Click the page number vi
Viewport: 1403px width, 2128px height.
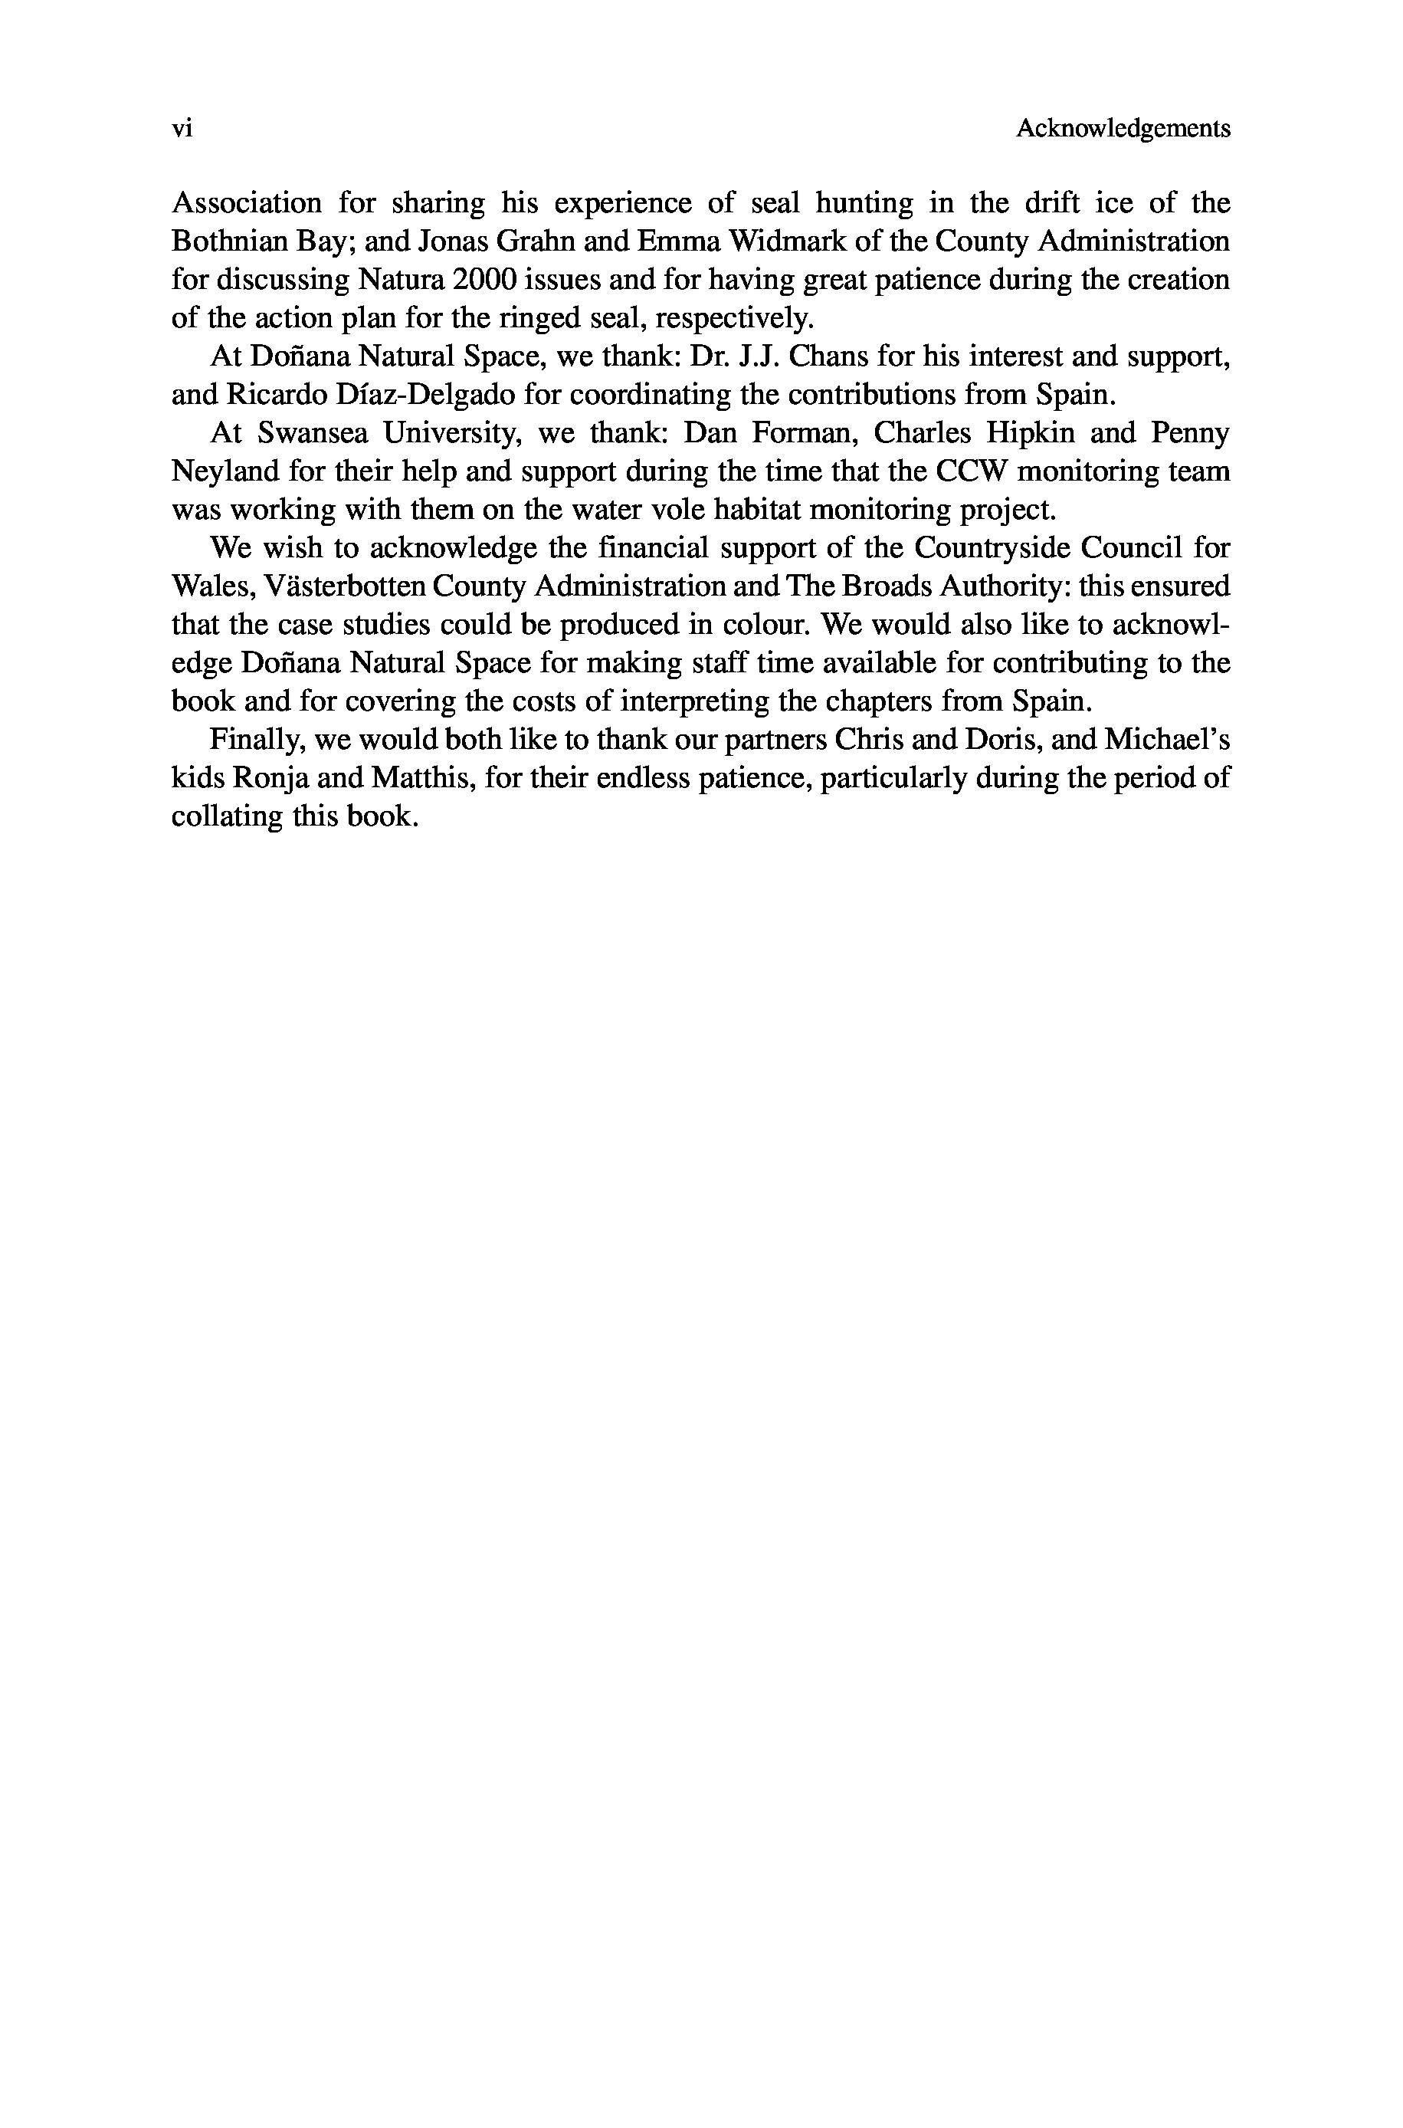pos(182,130)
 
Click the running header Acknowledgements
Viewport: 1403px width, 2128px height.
pos(1123,130)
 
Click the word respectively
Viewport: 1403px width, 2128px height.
pos(735,320)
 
